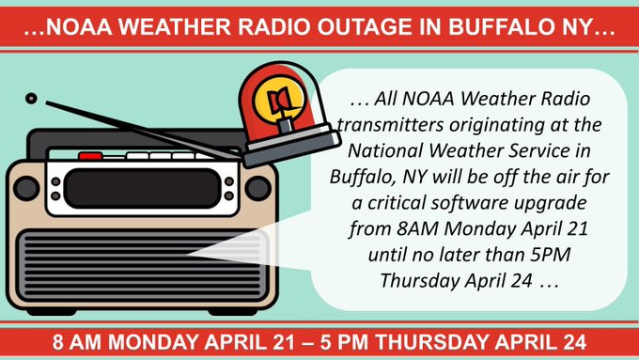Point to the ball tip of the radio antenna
click(x=31, y=97)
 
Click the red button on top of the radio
click(x=90, y=156)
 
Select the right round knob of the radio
click(x=257, y=186)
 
